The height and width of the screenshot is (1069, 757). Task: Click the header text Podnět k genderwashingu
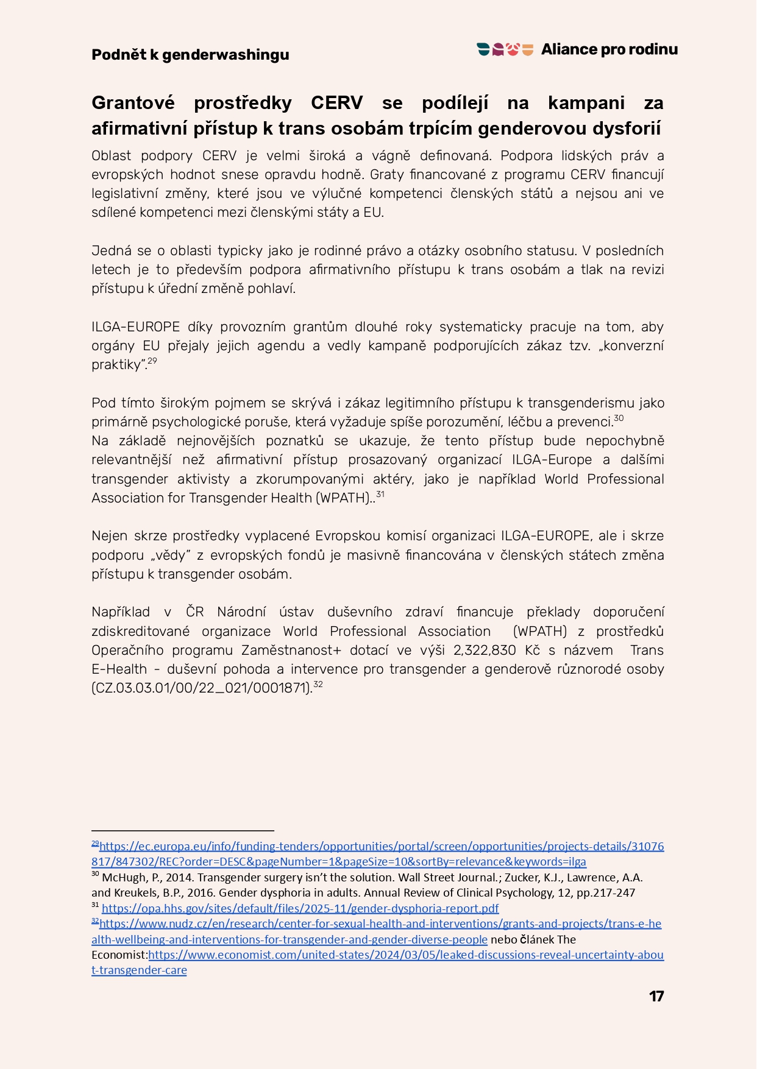pyautogui.click(x=190, y=55)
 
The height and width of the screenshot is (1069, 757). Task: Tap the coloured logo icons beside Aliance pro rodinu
pyautogui.click(x=505, y=49)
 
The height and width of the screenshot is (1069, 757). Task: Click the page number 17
pyautogui.click(x=656, y=996)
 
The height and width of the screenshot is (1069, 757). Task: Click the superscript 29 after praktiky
pyautogui.click(x=152, y=361)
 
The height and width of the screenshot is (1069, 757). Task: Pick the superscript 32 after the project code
pyautogui.click(x=318, y=685)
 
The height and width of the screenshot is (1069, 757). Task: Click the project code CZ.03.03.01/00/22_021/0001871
pyautogui.click(x=201, y=688)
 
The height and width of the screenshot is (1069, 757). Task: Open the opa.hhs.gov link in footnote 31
pyautogui.click(x=300, y=908)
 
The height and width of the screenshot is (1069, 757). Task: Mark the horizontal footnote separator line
pyautogui.click(x=183, y=830)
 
